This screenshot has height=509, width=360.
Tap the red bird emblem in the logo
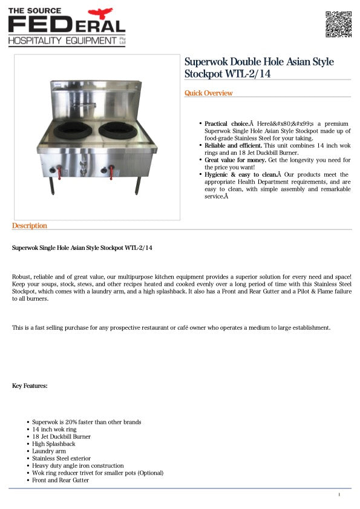tap(100, 13)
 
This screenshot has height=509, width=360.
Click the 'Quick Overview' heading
tap(208, 93)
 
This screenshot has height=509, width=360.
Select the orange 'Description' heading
tap(29, 226)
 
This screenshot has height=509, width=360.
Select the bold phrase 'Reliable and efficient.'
tap(233, 145)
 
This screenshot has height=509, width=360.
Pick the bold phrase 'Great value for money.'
tap(235, 160)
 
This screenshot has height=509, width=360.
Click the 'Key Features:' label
tap(30, 386)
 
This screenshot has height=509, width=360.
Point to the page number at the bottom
tap(339, 495)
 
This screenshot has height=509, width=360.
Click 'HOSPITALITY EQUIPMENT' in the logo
tap(62, 41)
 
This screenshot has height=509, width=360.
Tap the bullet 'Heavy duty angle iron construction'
tap(77, 465)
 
